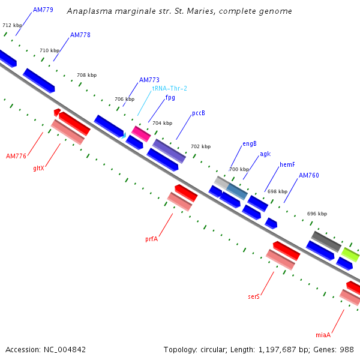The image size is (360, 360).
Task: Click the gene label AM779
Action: pyautogui.click(x=43, y=10)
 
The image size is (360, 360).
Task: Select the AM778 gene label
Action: pyautogui.click(x=80, y=35)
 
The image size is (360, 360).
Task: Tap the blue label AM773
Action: pyautogui.click(x=149, y=80)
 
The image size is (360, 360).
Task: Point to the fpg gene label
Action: pyautogui.click(x=170, y=98)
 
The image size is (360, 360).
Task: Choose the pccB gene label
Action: pyautogui.click(x=199, y=113)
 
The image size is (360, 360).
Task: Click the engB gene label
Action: pyautogui.click(x=250, y=144)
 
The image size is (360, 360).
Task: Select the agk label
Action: pyautogui.click(x=265, y=154)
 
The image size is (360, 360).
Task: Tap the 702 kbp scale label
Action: pyautogui.click(x=200, y=146)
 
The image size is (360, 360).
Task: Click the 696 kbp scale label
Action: pyautogui.click(x=317, y=214)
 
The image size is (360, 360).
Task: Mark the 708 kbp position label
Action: pyautogui.click(x=86, y=76)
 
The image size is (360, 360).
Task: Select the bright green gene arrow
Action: pyautogui.click(x=350, y=254)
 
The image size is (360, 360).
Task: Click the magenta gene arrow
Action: pyautogui.click(x=141, y=133)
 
